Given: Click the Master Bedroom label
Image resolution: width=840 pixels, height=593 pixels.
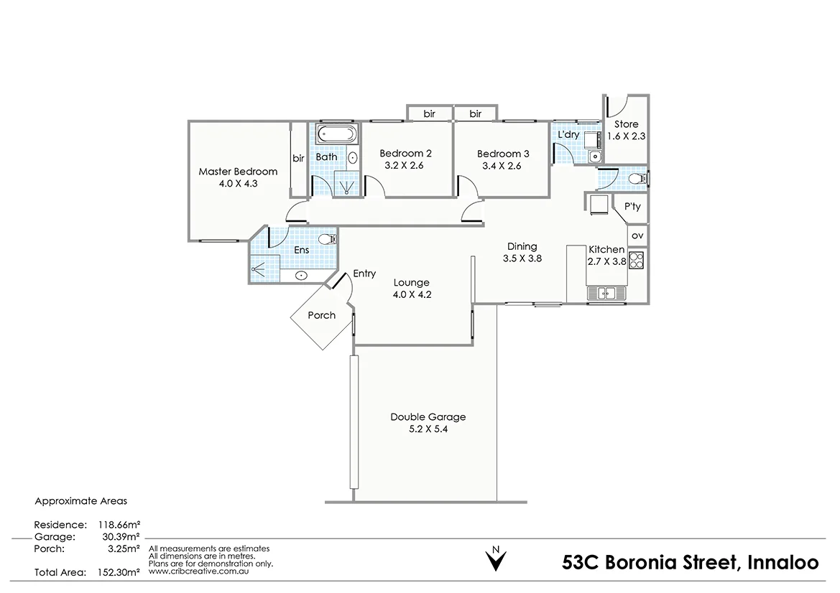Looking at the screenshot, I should [238, 172].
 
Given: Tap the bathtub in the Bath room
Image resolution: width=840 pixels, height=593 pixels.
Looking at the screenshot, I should [336, 134].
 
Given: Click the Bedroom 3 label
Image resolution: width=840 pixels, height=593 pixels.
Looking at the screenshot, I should [503, 154].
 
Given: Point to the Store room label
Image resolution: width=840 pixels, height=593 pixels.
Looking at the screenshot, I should [625, 124].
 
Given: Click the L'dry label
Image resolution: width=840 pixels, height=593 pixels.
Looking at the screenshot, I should [568, 135].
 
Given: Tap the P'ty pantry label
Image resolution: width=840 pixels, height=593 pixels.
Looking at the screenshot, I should [632, 207].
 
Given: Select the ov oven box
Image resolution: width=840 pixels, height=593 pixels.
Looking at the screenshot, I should [637, 235].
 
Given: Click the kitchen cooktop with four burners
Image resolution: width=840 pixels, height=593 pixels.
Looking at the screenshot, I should [637, 259].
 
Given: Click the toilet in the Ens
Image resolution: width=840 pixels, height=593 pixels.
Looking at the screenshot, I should [326, 239].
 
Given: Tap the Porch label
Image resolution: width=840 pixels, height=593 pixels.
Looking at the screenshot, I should [321, 315].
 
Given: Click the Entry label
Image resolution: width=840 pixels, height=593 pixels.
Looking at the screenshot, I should [364, 274].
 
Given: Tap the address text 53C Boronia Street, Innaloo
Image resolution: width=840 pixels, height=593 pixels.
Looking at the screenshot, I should [690, 562].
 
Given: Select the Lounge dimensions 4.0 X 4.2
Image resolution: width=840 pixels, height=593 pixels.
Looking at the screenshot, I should [411, 294].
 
